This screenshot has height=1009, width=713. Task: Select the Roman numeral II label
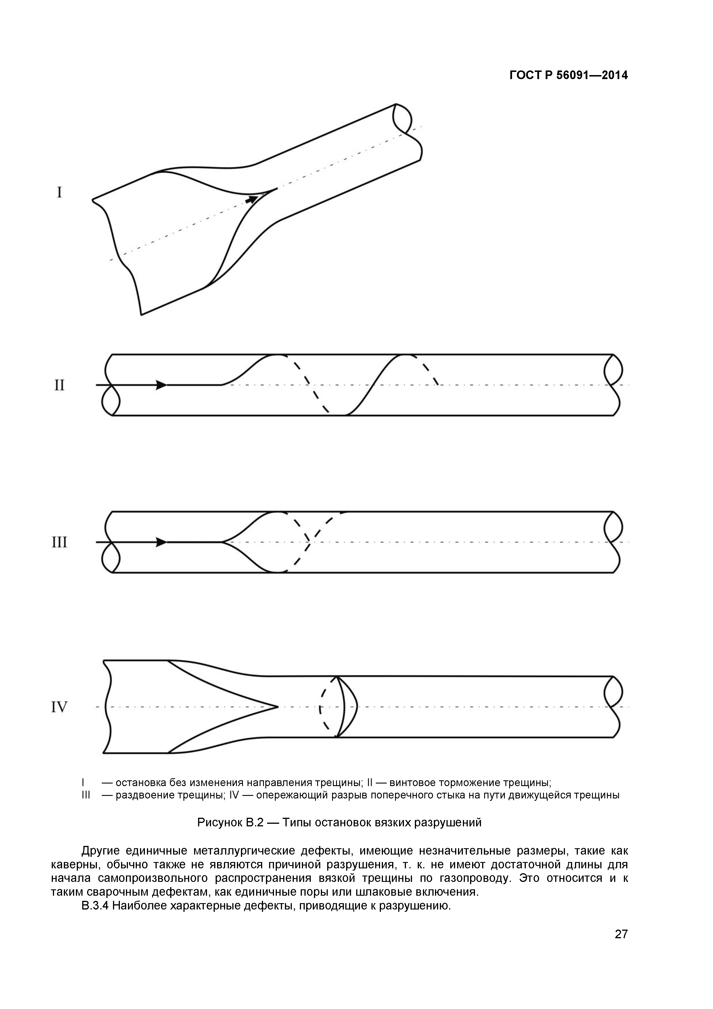(59, 385)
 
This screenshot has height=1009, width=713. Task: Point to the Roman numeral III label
(59, 543)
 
